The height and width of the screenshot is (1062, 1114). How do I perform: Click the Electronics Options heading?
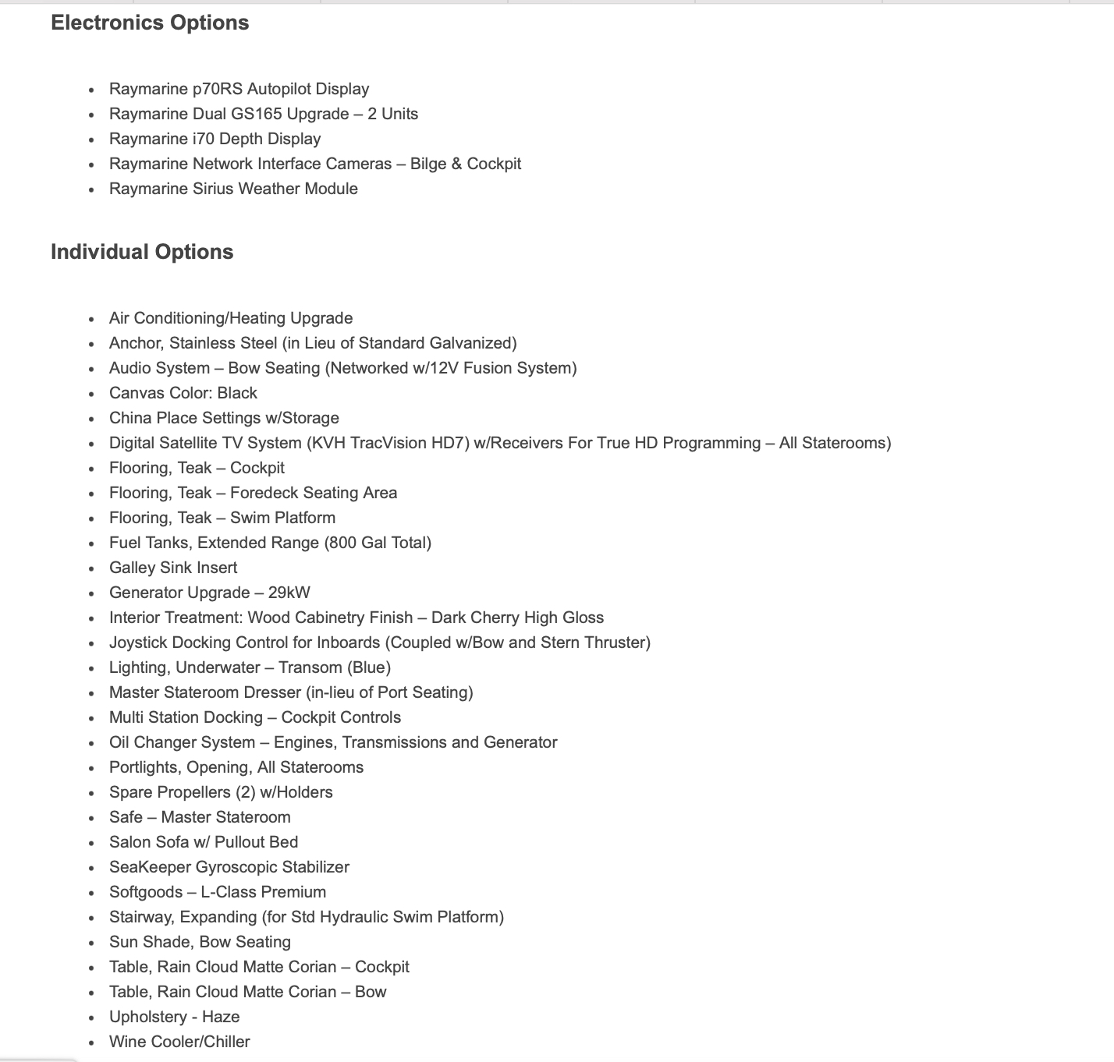click(150, 23)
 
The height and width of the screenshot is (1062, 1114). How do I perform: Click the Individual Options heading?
click(142, 252)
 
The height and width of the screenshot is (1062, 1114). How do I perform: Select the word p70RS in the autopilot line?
click(218, 89)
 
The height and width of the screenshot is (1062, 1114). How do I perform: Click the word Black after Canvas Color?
click(237, 393)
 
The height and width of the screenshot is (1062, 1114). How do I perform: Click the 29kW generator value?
click(289, 593)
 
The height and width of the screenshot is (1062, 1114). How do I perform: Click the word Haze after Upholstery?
click(221, 1017)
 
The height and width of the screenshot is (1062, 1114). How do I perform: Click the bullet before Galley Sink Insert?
click(92, 568)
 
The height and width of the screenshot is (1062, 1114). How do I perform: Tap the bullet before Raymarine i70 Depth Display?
click(92, 140)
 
